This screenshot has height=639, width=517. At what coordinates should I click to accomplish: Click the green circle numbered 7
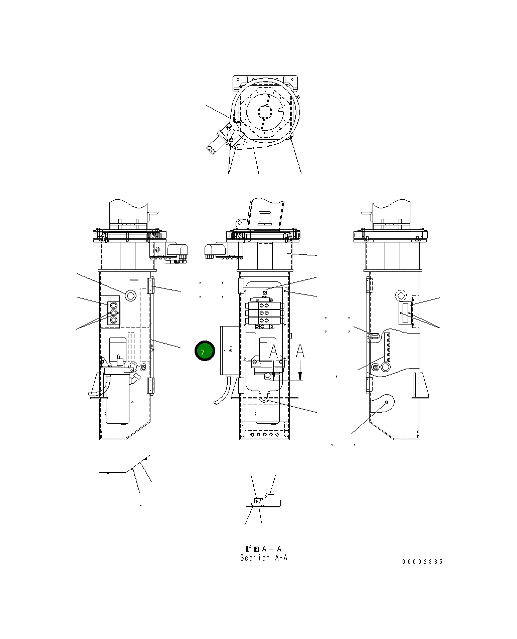[205, 351]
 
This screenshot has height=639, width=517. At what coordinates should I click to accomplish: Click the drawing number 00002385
[422, 562]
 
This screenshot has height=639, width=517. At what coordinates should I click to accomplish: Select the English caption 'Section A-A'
[264, 558]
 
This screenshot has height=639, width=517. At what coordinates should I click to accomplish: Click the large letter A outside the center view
[300, 352]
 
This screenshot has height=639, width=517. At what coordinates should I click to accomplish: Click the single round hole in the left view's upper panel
[131, 295]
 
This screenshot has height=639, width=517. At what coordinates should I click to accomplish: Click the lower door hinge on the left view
[150, 386]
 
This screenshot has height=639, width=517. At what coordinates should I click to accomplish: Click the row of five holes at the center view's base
[265, 435]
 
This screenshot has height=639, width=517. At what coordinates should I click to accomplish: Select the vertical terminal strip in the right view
[387, 349]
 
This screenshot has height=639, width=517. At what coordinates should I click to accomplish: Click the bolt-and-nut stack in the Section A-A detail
[258, 502]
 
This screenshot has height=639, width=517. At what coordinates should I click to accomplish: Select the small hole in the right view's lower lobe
[387, 403]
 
